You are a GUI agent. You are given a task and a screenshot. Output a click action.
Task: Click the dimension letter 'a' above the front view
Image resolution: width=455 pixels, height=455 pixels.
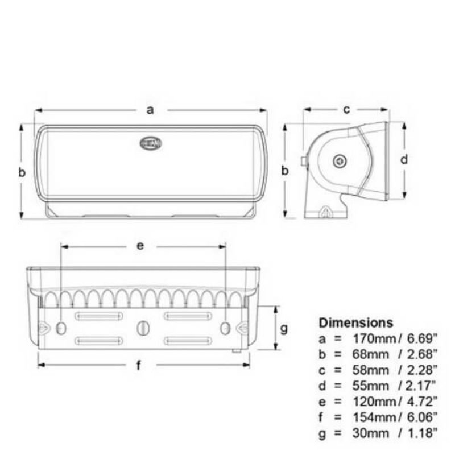(x=150, y=110)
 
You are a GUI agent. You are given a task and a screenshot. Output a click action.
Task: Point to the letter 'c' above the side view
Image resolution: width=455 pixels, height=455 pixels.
(x=346, y=110)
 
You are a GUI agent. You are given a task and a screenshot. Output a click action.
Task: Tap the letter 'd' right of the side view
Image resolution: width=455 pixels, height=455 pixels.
(x=404, y=160)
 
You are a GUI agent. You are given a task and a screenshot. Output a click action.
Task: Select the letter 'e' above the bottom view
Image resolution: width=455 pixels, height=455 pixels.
(x=140, y=246)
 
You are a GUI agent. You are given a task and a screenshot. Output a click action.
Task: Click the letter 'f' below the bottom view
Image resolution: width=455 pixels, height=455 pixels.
(x=139, y=366)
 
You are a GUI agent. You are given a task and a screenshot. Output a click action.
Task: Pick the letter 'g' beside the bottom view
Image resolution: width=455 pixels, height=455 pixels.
(x=284, y=328)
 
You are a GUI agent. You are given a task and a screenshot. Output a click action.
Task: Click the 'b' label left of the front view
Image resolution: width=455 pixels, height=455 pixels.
(x=22, y=172)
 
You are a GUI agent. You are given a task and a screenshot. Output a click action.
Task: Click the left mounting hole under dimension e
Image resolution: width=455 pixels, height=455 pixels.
(x=62, y=328)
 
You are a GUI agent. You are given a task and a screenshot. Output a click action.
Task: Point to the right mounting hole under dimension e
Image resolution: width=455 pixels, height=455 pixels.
(x=225, y=328)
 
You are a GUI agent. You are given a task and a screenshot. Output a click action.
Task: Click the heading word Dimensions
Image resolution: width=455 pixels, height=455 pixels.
(x=356, y=323)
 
